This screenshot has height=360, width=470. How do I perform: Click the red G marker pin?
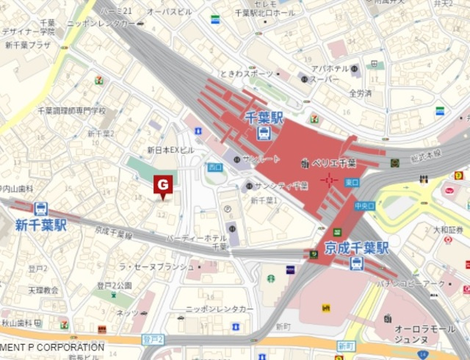click(162, 185)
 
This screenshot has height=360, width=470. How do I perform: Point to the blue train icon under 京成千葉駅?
click(357, 263)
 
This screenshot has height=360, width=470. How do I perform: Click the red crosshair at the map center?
click(329, 179)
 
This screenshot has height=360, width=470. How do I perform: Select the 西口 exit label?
click(214, 168)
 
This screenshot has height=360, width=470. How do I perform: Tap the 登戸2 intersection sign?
click(152, 339)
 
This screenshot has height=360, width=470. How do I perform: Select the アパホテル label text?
click(328, 69)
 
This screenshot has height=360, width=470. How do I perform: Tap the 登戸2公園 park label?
click(114, 286)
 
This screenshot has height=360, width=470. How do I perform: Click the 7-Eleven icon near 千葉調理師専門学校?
click(98, 79)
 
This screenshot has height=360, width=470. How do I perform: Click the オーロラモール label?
click(416, 330)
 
